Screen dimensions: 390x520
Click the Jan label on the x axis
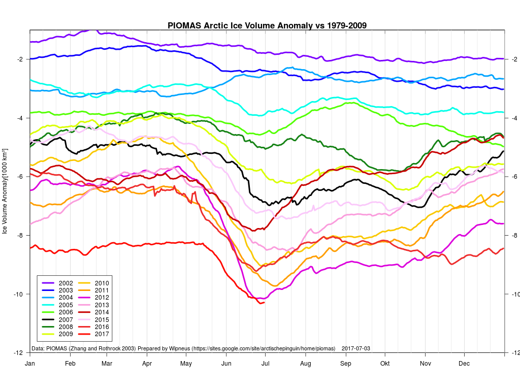[x=30, y=364]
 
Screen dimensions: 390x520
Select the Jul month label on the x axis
[x=266, y=364]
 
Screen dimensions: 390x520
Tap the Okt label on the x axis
[x=385, y=364]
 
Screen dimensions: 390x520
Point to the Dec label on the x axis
[x=464, y=364]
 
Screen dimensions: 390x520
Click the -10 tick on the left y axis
[x=18, y=295]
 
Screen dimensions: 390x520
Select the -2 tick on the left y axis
[x=20, y=59]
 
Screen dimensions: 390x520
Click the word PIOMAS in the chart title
[x=184, y=25]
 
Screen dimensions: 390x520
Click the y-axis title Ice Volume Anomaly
[x=5, y=191]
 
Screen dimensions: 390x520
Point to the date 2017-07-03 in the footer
[x=356, y=349]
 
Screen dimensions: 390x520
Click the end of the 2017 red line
[x=264, y=303]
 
